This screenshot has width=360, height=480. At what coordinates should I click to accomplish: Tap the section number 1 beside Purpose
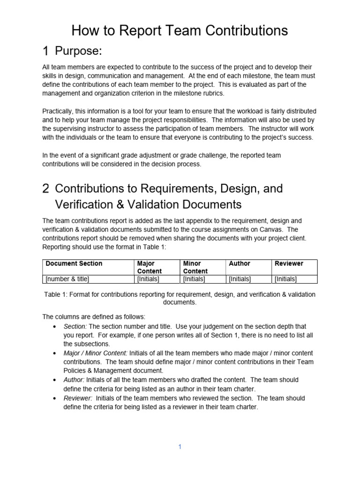tap(45, 51)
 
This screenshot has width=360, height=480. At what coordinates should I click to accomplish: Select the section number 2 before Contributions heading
tap(45, 188)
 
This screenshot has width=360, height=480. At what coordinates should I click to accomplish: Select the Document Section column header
tap(74, 263)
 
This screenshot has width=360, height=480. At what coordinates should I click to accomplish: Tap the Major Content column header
tap(149, 267)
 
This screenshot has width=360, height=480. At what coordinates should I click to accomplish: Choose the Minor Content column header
tap(195, 267)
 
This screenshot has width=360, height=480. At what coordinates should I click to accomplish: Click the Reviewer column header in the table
tap(289, 263)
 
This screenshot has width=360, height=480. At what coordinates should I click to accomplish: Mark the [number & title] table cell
tap(67, 279)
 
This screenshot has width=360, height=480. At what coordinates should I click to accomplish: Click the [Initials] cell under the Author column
tap(240, 279)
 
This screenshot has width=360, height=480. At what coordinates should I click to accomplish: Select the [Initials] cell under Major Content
tap(148, 279)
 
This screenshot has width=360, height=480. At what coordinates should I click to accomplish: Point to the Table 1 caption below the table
tap(180, 298)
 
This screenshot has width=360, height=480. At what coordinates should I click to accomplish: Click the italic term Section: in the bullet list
tap(75, 326)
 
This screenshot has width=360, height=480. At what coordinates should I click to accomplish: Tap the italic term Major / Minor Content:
tap(96, 353)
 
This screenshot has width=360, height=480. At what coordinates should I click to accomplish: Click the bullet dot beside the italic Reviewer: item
tap(56, 398)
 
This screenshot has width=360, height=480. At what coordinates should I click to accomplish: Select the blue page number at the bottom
tap(180, 447)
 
